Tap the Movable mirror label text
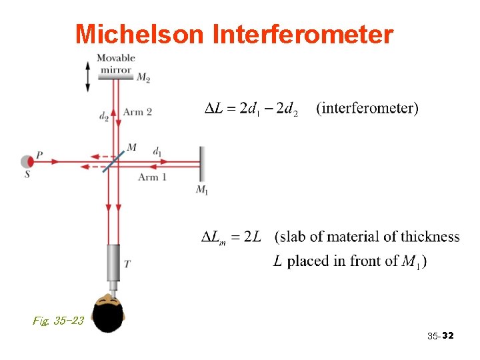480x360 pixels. click(115, 63)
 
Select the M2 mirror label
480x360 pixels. click(143, 78)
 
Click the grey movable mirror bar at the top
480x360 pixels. click(115, 76)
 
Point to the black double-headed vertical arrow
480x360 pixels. click(88, 75)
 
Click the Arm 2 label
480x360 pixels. click(137, 112)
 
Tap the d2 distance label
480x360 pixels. click(103, 117)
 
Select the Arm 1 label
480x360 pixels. click(152, 177)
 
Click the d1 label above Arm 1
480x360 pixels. click(157, 151)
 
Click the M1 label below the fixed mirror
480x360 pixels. click(202, 190)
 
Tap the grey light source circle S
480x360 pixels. click(27, 161)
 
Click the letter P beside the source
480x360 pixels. click(39, 155)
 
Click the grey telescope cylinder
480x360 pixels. click(114, 263)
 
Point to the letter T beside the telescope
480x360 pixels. click(127, 265)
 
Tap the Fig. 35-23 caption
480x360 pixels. click(58, 321)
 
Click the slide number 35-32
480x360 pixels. click(440, 337)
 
